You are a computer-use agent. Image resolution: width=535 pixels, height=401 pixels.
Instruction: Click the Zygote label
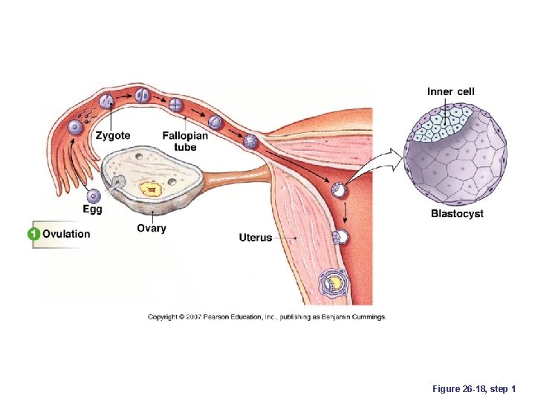point(113,136)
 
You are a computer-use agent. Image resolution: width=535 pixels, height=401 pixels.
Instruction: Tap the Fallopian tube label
point(185,141)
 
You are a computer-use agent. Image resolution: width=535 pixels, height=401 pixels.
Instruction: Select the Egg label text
point(93,210)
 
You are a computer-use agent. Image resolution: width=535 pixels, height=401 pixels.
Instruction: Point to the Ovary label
point(152,228)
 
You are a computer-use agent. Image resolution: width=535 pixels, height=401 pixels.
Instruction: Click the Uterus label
point(256,238)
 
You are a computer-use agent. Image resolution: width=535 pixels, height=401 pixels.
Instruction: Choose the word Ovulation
point(66,234)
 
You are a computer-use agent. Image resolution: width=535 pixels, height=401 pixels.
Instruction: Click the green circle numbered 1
point(33,234)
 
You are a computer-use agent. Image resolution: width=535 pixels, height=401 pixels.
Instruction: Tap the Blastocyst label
point(457,214)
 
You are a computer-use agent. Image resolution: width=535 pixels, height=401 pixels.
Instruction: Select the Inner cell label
point(450,92)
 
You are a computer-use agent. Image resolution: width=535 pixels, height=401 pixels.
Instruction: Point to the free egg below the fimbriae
point(94,196)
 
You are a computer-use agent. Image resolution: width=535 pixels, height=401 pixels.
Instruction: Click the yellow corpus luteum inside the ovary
point(152,190)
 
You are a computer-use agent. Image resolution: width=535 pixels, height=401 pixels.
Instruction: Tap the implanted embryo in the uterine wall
point(334,282)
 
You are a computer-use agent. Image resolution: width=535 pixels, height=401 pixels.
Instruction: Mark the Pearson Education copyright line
point(267,317)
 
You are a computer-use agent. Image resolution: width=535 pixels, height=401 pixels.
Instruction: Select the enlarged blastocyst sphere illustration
point(455,155)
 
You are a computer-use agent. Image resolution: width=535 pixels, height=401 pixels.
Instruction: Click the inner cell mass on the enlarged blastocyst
point(444,122)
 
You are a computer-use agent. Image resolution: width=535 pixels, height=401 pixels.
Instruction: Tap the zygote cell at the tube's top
point(108,100)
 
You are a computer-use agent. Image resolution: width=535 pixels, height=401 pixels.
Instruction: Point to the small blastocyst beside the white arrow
point(339,190)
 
